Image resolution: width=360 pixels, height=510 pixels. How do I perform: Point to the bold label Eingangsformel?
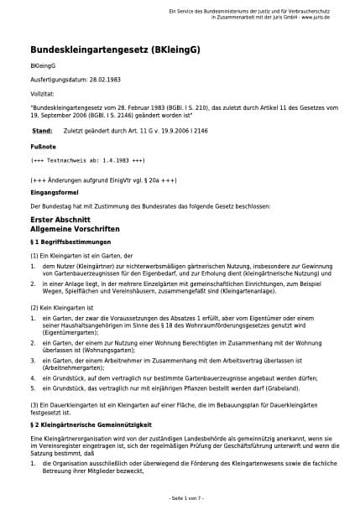click(53, 192)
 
